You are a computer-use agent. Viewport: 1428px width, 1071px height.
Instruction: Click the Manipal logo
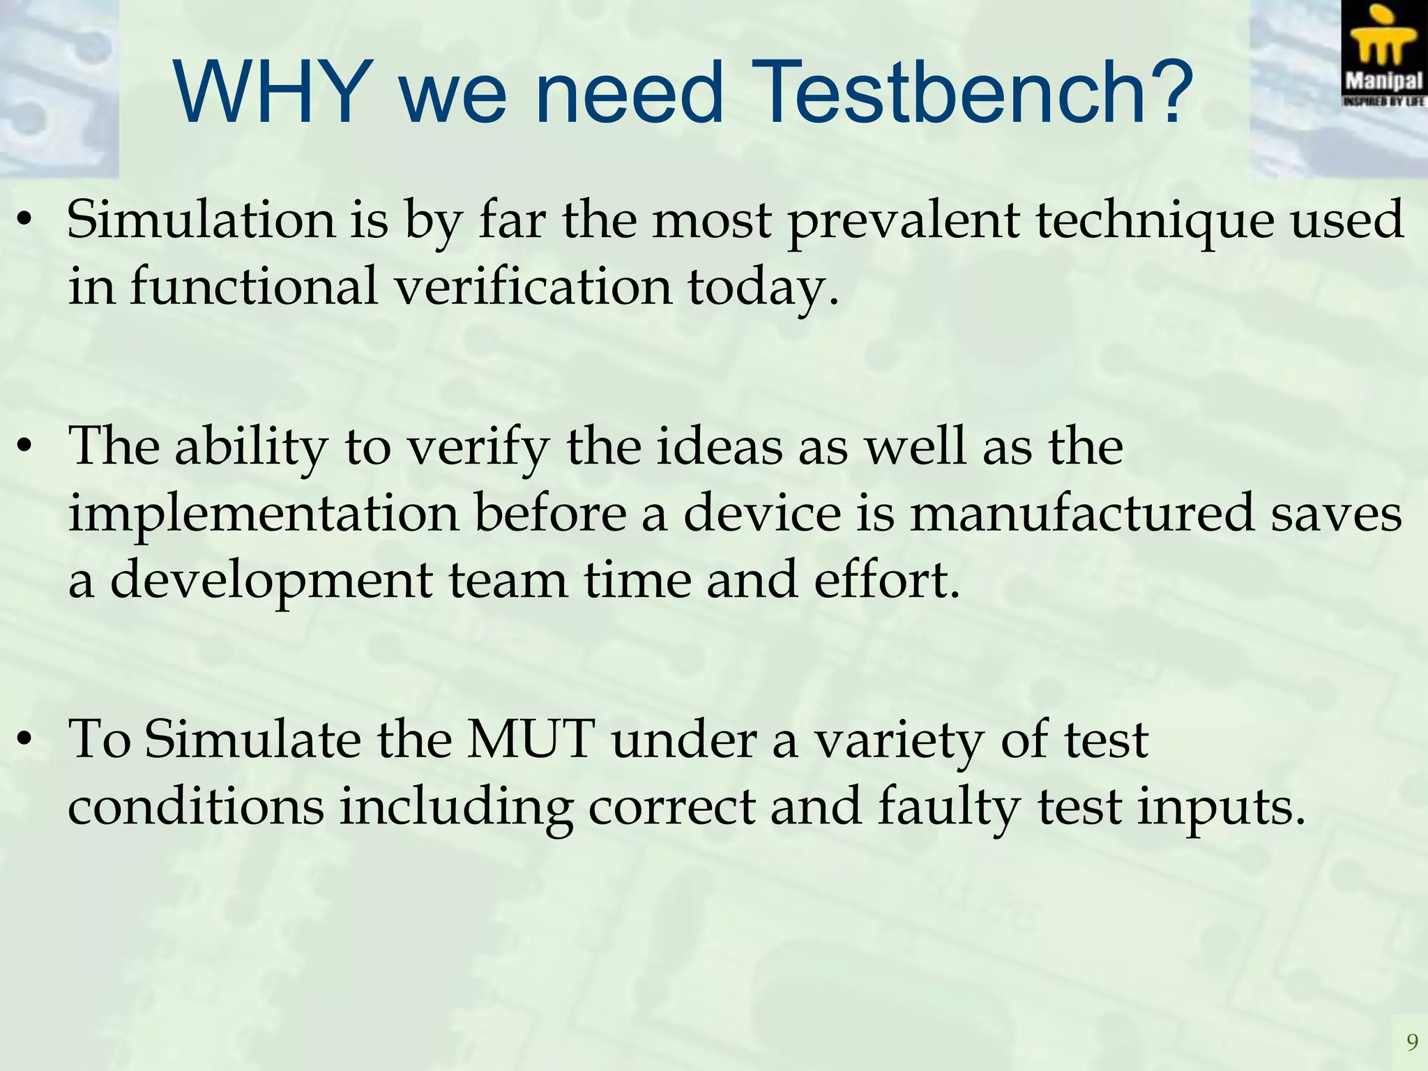click(x=1384, y=54)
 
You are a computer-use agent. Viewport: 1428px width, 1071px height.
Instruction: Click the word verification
click(x=533, y=287)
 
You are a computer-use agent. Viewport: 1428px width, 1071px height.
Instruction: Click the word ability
click(x=251, y=447)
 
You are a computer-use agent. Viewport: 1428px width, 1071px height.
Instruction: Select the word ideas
click(x=718, y=446)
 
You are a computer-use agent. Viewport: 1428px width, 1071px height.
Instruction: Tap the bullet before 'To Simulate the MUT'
click(x=26, y=740)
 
